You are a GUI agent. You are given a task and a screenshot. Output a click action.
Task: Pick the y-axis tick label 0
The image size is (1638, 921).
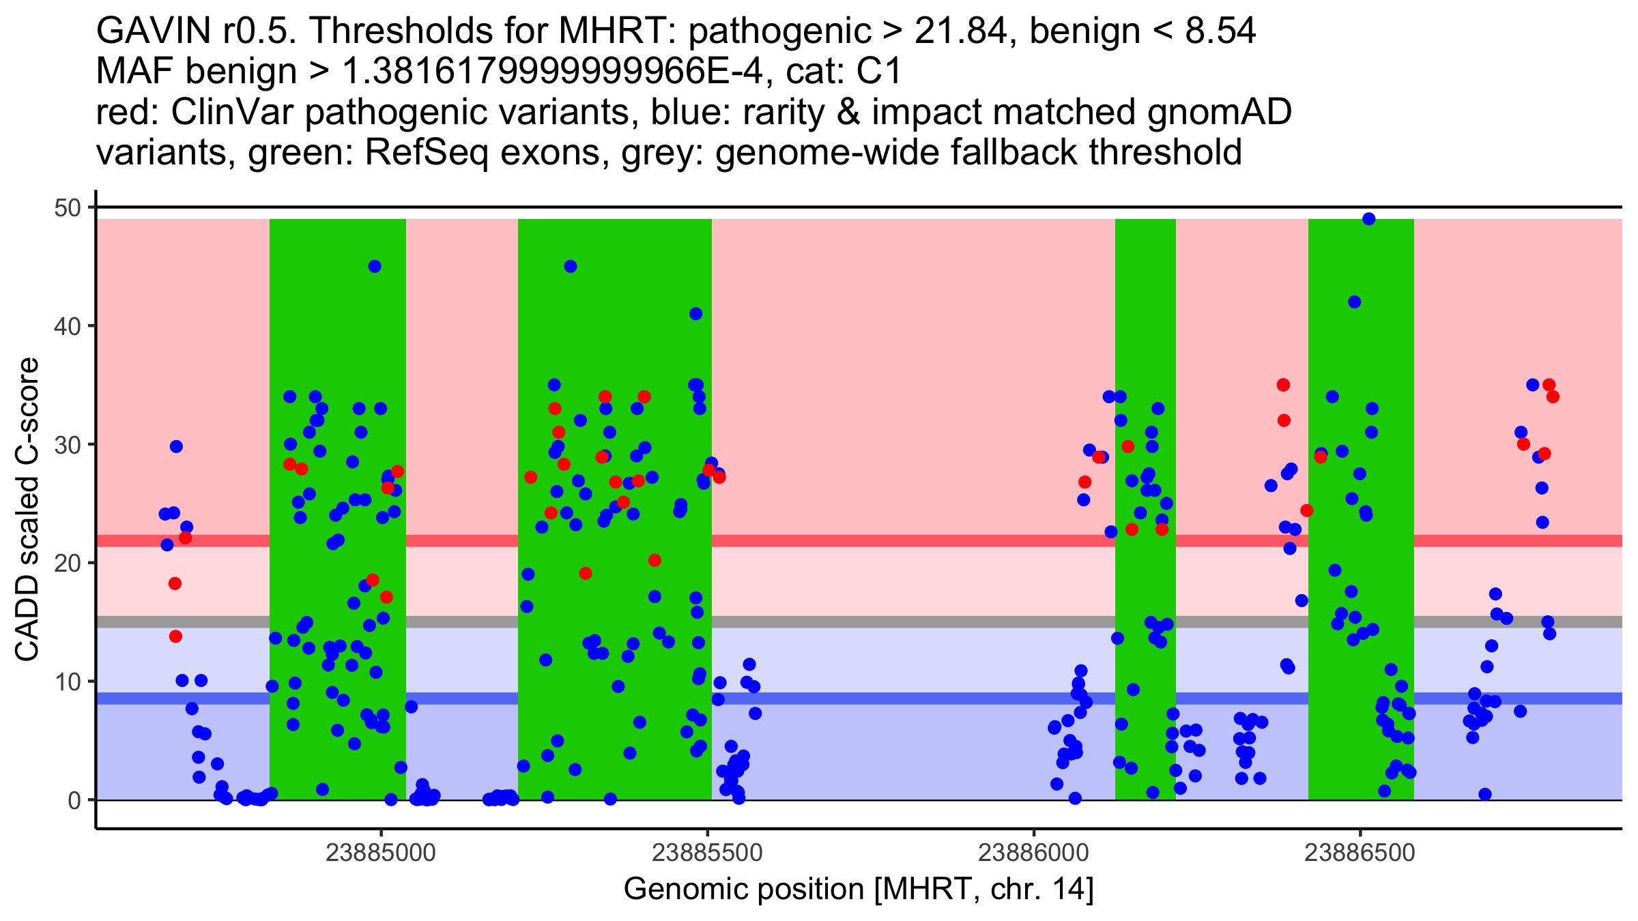point(74,800)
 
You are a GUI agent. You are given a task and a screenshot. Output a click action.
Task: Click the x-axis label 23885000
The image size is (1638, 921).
point(380,853)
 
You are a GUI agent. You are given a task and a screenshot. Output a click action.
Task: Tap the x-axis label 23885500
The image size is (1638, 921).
point(707,853)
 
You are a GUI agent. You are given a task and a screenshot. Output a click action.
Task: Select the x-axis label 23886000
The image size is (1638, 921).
point(1033,853)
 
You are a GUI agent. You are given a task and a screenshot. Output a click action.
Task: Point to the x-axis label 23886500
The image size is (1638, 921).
point(1360,853)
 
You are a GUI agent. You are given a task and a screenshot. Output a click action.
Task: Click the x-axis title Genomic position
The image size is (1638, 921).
point(744,890)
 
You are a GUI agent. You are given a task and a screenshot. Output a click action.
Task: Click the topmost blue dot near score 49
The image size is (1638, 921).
point(1368,219)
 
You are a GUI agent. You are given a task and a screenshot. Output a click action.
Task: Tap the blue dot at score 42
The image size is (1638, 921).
point(1355,302)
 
